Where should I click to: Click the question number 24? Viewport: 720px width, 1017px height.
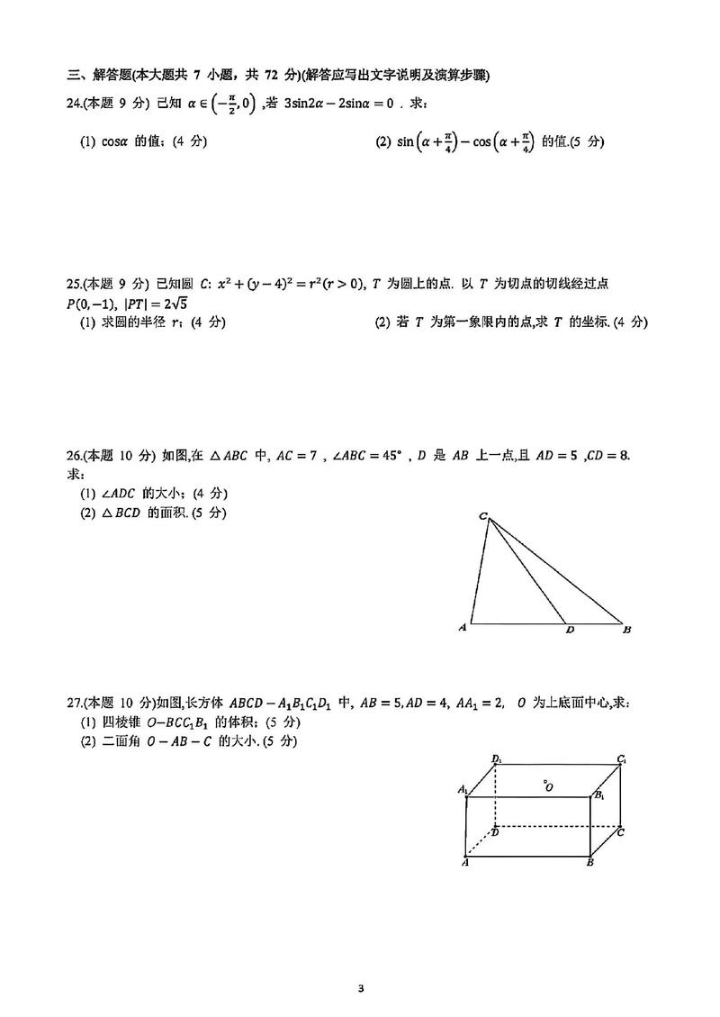[x=75, y=104]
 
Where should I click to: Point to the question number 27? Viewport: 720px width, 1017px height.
[x=75, y=704]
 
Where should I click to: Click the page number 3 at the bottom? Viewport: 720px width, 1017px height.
[x=360, y=988]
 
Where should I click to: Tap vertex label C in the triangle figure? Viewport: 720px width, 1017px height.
[x=482, y=516]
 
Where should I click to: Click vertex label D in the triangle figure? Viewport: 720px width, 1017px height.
[x=569, y=631]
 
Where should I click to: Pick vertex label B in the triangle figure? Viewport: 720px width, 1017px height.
[x=627, y=630]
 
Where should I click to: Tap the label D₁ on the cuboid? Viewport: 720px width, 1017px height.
[x=497, y=759]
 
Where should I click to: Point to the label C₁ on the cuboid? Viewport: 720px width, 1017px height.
[x=622, y=760]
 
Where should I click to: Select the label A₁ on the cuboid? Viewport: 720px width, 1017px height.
[x=463, y=790]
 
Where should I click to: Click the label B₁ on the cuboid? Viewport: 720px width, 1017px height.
[x=599, y=795]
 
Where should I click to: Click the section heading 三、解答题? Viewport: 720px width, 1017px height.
[x=102, y=74]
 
